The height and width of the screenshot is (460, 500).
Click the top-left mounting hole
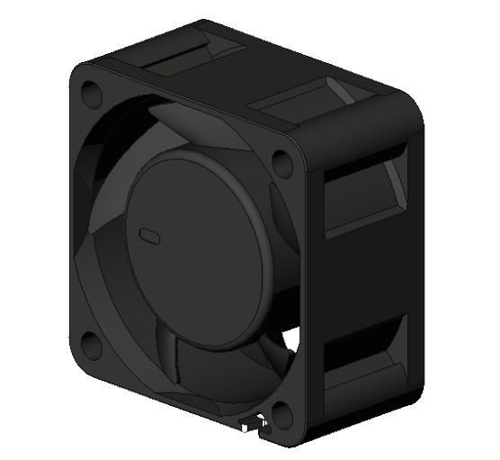pos(90,92)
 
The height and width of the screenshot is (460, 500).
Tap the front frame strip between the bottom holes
pos(180,392)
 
